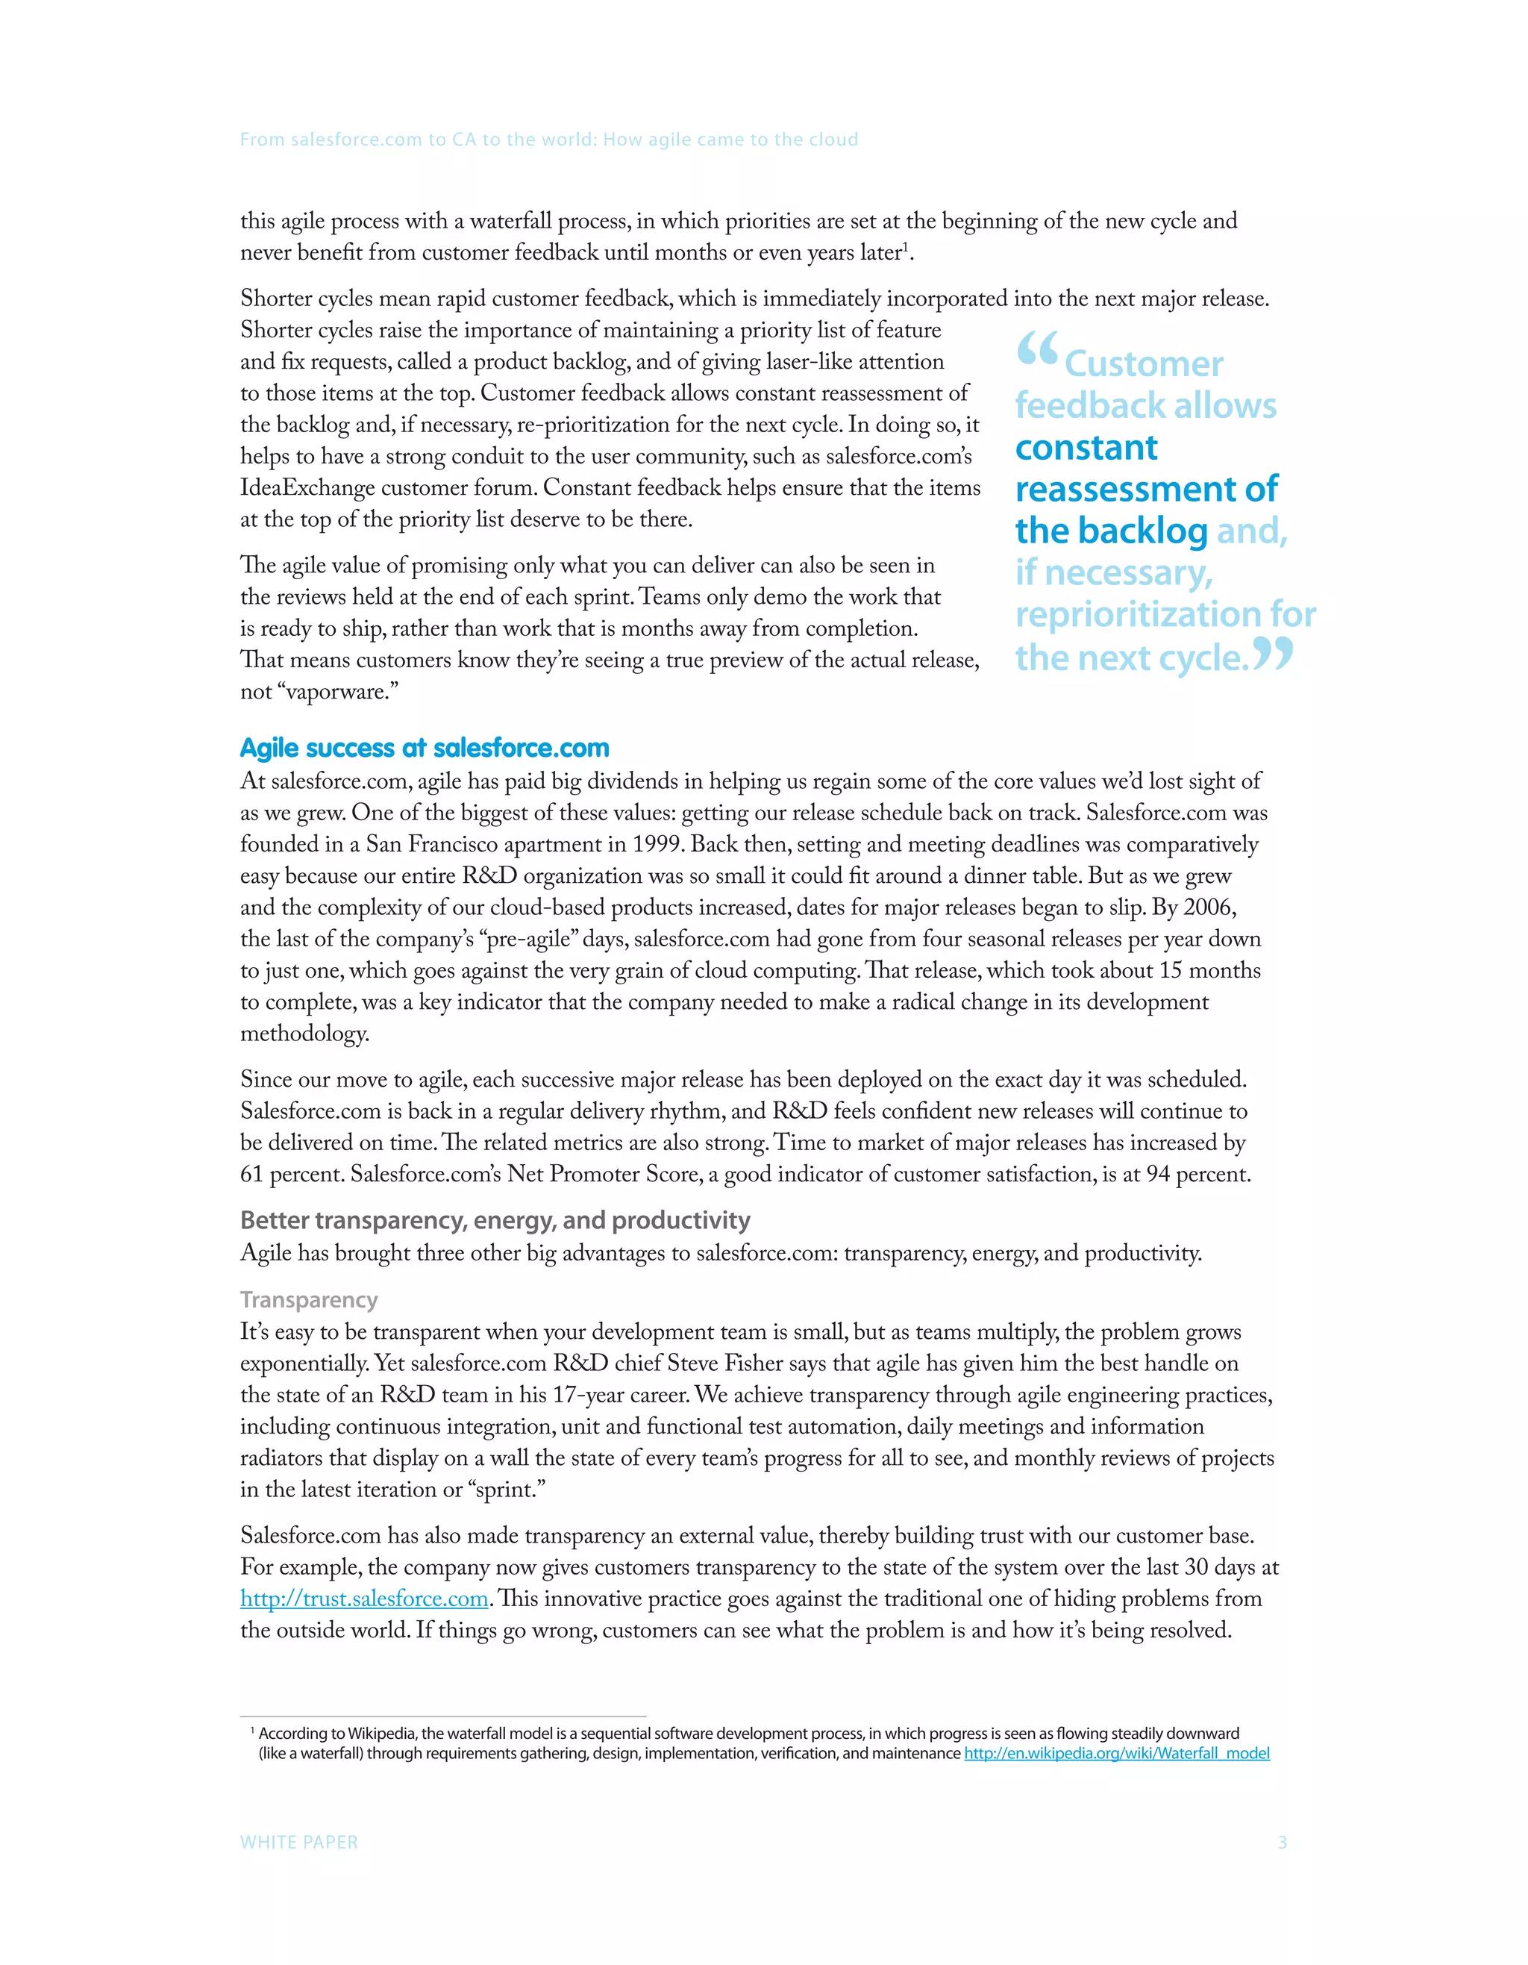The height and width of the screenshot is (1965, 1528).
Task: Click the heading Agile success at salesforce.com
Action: pos(425,748)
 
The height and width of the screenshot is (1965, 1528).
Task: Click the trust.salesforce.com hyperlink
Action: pos(364,1599)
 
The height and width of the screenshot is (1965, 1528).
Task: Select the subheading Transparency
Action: pos(308,1299)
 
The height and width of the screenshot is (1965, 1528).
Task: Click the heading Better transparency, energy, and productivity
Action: pos(495,1220)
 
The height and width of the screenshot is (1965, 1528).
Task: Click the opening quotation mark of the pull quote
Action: pos(1037,350)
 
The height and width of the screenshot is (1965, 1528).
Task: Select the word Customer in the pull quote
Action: pos(1143,364)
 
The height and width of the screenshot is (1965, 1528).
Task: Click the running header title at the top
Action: pos(548,140)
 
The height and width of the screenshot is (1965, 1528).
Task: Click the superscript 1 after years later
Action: pos(906,246)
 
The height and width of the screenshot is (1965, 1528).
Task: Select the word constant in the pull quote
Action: pos(1086,448)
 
